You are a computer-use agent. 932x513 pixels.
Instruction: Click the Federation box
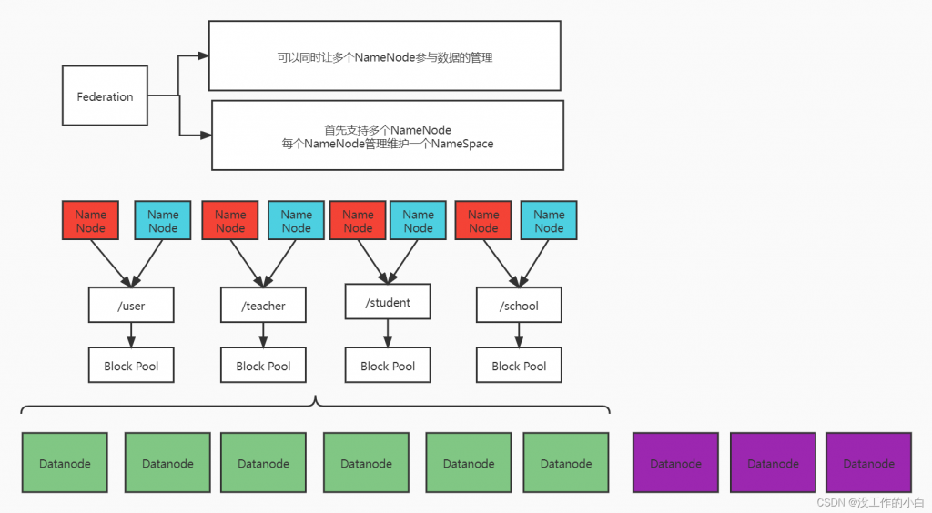point(105,96)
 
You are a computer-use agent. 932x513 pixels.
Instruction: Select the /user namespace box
point(131,306)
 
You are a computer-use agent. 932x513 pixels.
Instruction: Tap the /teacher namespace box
point(263,306)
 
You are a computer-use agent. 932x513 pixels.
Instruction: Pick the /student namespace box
point(388,302)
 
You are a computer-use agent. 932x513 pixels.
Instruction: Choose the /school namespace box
point(519,306)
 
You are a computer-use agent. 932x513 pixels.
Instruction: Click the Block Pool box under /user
point(131,366)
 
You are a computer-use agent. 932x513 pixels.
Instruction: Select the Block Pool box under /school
point(519,366)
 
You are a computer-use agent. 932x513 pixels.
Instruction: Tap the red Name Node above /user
point(90,221)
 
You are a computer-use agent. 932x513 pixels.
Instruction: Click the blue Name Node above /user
point(163,221)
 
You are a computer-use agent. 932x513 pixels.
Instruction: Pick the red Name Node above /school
point(483,221)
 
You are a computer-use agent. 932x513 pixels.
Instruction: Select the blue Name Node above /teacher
point(296,221)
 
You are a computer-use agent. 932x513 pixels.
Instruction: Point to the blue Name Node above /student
point(418,221)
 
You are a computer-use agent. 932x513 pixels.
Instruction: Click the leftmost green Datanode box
point(65,463)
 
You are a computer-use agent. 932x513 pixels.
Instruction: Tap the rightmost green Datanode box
point(566,463)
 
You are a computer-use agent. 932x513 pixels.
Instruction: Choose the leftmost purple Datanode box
point(676,463)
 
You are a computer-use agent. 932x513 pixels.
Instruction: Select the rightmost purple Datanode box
point(868,463)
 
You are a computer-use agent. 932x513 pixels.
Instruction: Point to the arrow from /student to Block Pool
point(388,333)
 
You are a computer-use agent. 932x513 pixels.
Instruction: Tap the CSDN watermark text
point(869,502)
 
